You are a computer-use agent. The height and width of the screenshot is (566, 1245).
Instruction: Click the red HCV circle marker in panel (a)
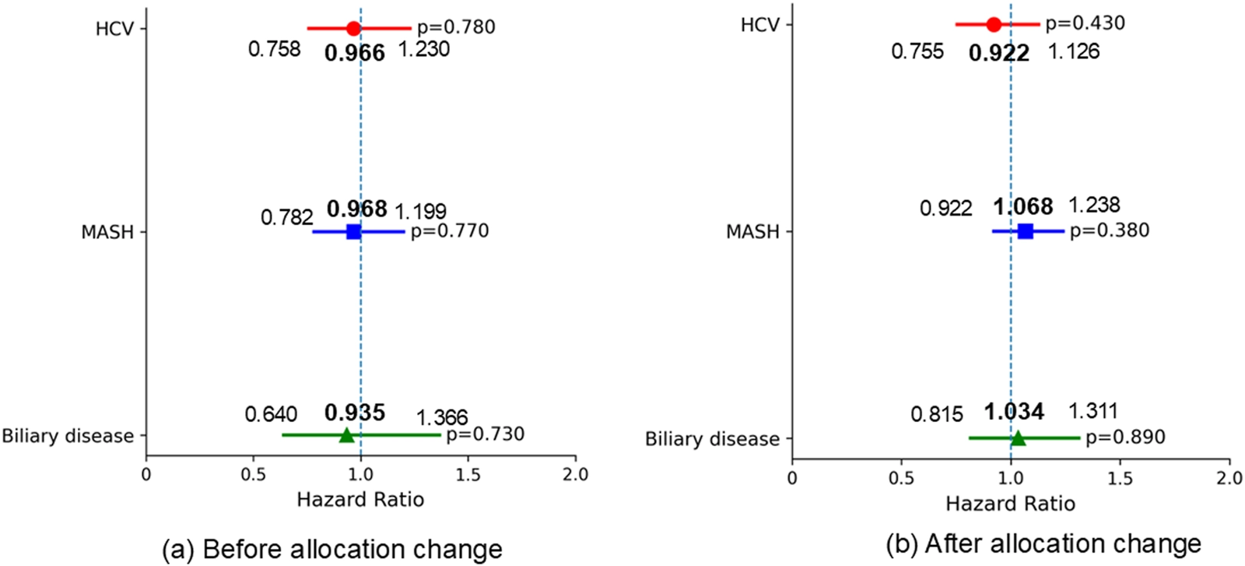click(353, 29)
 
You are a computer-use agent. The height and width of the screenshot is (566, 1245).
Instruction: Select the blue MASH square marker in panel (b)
click(1025, 230)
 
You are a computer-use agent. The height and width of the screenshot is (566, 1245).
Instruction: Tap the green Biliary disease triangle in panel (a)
click(346, 435)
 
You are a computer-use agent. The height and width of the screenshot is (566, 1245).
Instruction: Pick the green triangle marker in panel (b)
click(1018, 438)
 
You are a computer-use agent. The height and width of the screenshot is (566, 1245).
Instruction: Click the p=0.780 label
click(456, 27)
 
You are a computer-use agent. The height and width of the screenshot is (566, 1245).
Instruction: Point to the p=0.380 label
click(1109, 230)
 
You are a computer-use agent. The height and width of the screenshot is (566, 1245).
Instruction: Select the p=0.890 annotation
click(1125, 437)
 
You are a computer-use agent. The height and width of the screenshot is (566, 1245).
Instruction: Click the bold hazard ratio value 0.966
click(355, 53)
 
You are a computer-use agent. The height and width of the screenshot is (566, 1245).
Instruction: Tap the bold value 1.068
click(1022, 207)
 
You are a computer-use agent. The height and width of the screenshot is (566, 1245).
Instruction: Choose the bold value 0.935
click(355, 413)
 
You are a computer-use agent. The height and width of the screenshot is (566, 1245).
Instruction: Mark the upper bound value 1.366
click(442, 418)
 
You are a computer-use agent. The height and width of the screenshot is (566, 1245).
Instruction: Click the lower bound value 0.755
click(917, 52)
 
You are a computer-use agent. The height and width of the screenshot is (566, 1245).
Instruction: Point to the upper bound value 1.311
click(1092, 411)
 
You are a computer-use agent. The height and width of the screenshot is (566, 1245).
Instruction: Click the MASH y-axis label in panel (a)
click(107, 232)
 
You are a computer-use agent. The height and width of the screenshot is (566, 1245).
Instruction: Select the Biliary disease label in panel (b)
click(712, 439)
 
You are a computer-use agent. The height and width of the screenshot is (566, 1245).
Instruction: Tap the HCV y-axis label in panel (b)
click(759, 25)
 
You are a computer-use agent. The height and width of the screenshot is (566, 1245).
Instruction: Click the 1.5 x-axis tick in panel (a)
click(468, 474)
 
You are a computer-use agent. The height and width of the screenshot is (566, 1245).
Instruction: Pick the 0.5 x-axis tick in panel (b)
click(901, 477)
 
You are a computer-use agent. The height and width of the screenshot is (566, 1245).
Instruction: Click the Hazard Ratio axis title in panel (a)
click(360, 500)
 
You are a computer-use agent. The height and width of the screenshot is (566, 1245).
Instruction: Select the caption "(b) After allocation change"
click(1043, 543)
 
